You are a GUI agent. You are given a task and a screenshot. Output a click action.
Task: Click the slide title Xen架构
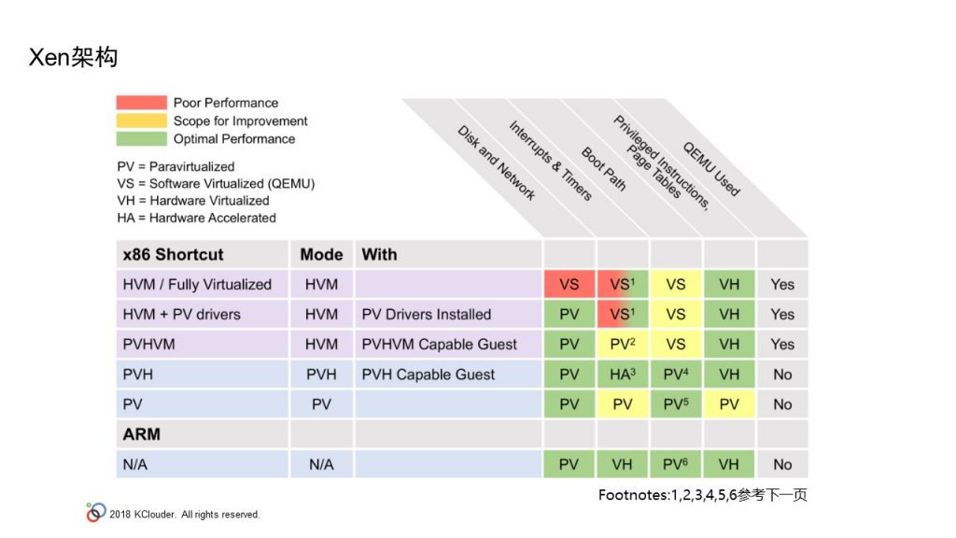(73, 57)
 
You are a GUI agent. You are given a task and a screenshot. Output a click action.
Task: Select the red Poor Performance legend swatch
(142, 103)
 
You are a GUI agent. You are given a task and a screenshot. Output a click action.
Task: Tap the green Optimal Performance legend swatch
(142, 138)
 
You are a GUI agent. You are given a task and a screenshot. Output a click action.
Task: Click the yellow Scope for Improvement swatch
(142, 120)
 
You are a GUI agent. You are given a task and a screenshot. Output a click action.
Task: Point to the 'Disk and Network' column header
(497, 163)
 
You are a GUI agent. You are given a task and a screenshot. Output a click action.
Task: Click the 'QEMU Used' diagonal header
(710, 169)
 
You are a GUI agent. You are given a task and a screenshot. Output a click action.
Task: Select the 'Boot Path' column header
(604, 169)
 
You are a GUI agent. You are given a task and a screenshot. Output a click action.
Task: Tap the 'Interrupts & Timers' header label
(551, 161)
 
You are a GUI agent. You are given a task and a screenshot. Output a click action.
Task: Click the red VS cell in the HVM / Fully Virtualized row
(569, 284)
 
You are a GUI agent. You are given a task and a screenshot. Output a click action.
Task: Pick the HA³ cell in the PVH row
(623, 374)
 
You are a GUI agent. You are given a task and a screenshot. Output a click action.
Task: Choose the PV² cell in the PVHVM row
(623, 344)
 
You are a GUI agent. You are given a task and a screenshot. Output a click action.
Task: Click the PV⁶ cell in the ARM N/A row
(676, 464)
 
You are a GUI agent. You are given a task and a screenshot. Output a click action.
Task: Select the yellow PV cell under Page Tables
(729, 403)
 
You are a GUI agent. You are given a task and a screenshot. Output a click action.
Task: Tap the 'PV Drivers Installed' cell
(426, 314)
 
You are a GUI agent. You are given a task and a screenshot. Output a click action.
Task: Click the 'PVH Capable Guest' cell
(428, 375)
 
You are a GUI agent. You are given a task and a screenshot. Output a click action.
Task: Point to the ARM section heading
(142, 434)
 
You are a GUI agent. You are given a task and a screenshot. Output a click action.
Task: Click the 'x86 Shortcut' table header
(173, 254)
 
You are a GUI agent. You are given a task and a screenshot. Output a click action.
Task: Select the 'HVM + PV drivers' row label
(182, 314)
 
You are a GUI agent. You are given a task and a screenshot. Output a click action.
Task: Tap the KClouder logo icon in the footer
(96, 513)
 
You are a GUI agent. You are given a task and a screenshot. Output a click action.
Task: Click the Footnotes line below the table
(702, 495)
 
